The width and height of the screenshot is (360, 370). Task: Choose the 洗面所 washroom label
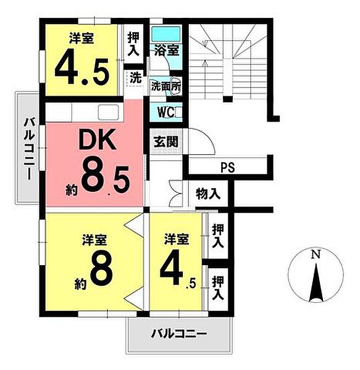(x=166, y=87)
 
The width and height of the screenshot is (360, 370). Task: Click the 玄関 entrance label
(x=165, y=141)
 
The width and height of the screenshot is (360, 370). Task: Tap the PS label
(x=228, y=166)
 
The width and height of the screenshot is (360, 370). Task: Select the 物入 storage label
(x=209, y=194)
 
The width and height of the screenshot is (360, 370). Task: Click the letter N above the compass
(x=316, y=254)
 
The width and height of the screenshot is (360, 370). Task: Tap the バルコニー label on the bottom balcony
(x=179, y=335)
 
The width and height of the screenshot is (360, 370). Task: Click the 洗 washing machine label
(x=134, y=78)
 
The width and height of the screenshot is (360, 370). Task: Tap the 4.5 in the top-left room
(x=82, y=70)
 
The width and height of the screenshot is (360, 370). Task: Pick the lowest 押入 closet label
(x=217, y=289)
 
